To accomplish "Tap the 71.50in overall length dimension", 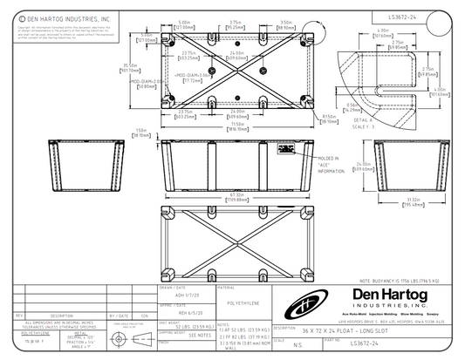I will point(229,126).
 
